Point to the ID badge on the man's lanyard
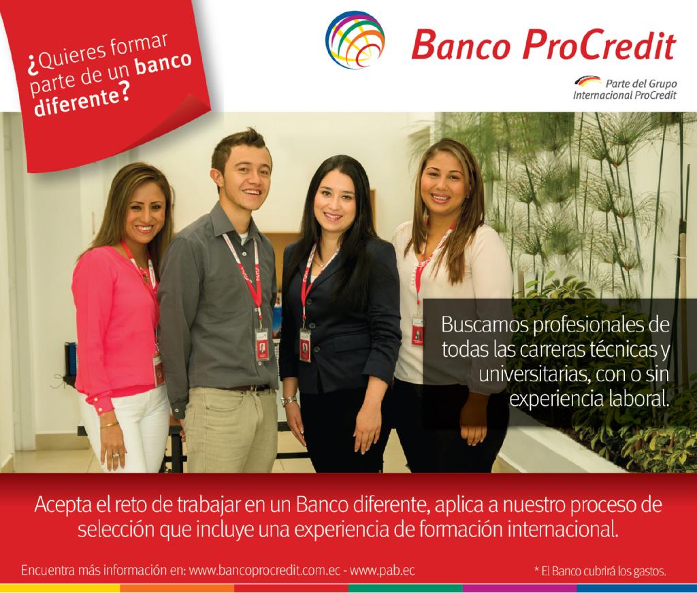(261, 344)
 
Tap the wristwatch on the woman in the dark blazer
(289, 400)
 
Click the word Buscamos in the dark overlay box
(479, 322)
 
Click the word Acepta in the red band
(62, 506)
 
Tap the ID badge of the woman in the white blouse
(417, 330)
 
